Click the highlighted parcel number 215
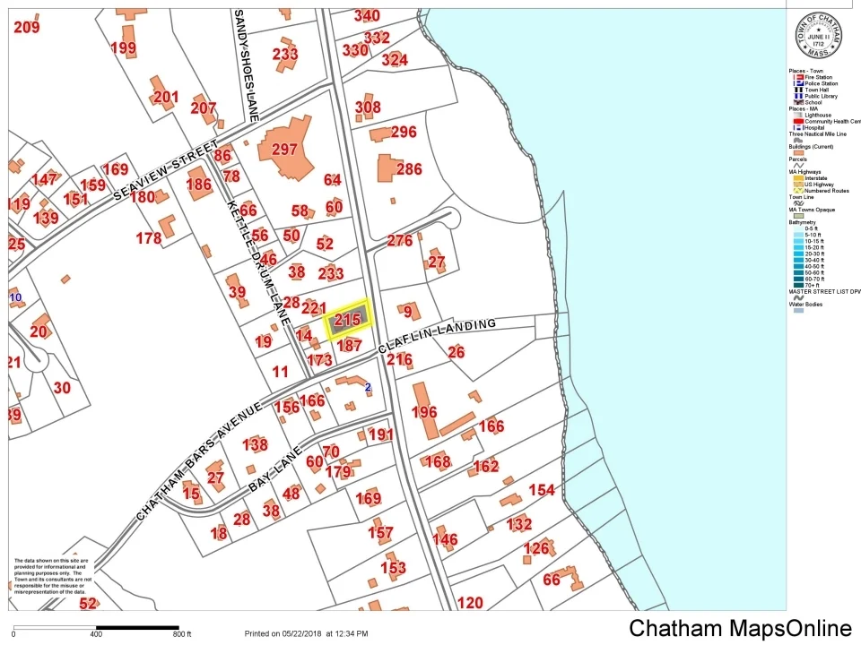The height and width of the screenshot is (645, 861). (x=347, y=320)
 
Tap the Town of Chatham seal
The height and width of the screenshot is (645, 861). (x=818, y=37)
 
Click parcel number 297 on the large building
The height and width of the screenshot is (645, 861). (x=284, y=150)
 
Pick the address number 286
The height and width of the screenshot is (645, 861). (x=408, y=168)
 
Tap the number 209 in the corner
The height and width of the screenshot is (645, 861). (x=27, y=28)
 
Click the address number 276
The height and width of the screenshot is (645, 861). (x=399, y=241)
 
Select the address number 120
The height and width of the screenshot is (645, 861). (x=470, y=603)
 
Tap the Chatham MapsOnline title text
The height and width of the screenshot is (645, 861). (x=740, y=629)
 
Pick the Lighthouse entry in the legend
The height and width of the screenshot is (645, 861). (x=817, y=116)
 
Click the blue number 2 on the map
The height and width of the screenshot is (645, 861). (x=368, y=387)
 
